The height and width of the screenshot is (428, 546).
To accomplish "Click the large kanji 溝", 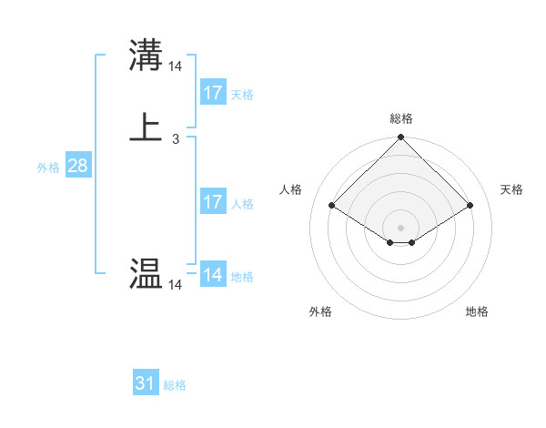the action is click(146, 55).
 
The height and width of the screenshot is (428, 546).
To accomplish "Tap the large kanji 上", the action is click(146, 127).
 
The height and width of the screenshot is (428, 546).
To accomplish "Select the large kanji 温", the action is click(146, 274).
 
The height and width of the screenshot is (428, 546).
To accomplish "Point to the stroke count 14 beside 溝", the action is click(176, 66).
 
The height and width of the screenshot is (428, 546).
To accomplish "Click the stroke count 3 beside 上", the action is click(175, 139).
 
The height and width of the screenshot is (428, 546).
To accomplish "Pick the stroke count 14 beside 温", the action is click(176, 286).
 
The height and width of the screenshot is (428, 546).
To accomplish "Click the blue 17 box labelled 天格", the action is click(212, 92).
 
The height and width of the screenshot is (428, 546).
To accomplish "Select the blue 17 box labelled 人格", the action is click(212, 202).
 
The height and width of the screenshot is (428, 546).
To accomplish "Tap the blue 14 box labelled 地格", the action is click(212, 274).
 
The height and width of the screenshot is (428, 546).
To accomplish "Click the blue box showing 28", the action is click(77, 166).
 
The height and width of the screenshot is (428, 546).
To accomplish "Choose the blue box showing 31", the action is click(146, 383).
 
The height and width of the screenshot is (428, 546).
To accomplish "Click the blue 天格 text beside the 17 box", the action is click(241, 95).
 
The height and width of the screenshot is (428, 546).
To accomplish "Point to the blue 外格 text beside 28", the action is click(48, 168).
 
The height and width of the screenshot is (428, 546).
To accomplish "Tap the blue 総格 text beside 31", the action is click(174, 386).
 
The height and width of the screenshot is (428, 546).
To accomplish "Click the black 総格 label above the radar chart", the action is click(401, 118).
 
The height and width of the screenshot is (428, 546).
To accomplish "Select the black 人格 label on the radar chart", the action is click(290, 189).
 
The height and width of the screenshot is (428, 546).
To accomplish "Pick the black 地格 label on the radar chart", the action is click(477, 312).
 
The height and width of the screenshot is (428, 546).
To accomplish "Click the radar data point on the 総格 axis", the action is click(401, 138).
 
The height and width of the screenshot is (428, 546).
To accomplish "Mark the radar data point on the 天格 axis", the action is click(470, 205).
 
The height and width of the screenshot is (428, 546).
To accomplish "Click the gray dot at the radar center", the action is click(401, 227).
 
